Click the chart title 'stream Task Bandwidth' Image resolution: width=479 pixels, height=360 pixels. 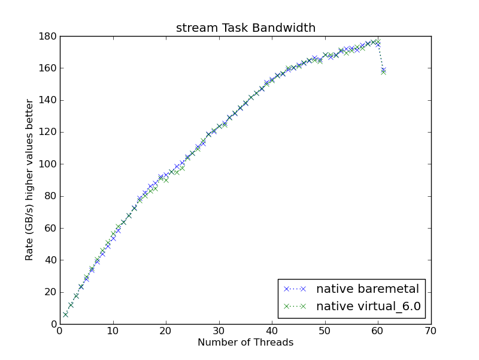coord(245,28)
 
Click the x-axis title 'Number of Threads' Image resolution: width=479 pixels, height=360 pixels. coord(245,342)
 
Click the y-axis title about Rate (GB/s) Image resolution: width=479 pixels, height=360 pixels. coord(29,180)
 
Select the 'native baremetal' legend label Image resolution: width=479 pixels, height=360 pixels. coord(368,289)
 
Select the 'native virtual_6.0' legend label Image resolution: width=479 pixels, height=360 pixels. coord(368,306)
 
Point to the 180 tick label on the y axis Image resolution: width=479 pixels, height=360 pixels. coord(48,37)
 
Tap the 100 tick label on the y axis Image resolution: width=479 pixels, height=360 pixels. coord(48,164)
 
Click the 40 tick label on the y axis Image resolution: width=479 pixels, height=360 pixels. coord(50,260)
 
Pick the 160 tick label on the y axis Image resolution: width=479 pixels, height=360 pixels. coord(48,68)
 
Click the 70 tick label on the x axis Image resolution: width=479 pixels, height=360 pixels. coord(431,331)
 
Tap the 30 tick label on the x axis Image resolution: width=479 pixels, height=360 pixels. coord(219,331)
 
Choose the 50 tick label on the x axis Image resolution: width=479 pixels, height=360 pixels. coord(325,331)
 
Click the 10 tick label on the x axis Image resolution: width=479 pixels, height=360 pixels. coord(113,331)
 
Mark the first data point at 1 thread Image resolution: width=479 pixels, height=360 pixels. coord(65,314)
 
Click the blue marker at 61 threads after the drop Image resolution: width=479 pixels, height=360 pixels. coord(383,70)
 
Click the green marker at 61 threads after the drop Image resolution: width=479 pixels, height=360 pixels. coord(383,72)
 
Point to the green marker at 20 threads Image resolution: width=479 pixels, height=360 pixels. coord(166,181)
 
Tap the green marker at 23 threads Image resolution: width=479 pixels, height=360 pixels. coord(182,169)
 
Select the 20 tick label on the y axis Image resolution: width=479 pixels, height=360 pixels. coord(50,292)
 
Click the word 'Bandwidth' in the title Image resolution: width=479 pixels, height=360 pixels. coord(284,28)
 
